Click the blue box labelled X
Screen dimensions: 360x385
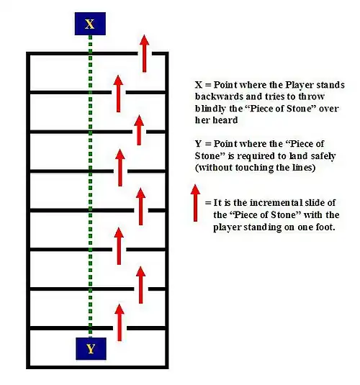click(x=90, y=24)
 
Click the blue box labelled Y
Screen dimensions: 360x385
click(x=91, y=349)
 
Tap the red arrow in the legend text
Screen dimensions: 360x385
click(x=195, y=203)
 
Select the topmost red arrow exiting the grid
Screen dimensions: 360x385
click(x=144, y=53)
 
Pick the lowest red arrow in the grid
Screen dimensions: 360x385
click(x=120, y=322)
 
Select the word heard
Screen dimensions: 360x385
click(x=225, y=120)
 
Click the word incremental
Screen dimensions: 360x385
click(x=276, y=203)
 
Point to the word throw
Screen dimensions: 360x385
click(x=311, y=96)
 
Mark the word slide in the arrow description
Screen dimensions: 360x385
click(x=315, y=203)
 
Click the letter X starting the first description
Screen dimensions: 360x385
click(x=199, y=85)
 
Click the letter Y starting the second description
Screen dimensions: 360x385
click(x=198, y=144)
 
